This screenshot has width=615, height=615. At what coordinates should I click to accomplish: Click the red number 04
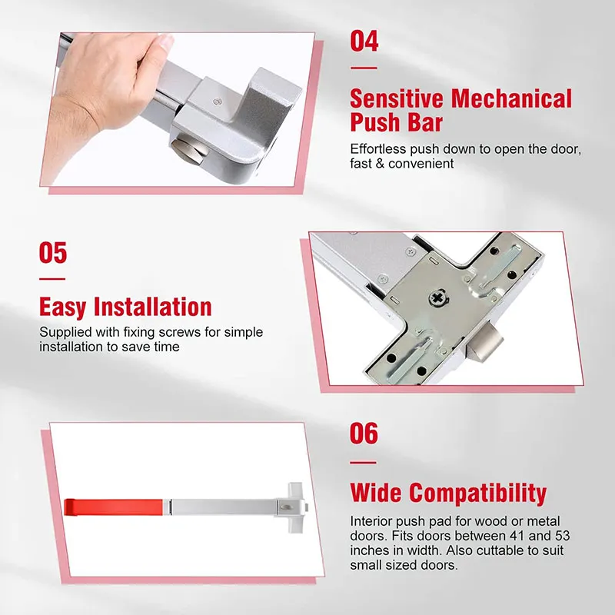click(364, 41)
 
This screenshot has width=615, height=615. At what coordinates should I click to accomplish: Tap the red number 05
click(53, 252)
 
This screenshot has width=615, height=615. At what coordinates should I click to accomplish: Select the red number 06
click(364, 434)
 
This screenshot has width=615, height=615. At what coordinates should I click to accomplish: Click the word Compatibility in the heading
click(477, 492)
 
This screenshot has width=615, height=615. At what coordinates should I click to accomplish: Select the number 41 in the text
click(505, 534)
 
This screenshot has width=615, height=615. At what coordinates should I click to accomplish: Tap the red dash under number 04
click(364, 68)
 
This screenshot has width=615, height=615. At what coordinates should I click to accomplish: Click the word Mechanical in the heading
click(512, 98)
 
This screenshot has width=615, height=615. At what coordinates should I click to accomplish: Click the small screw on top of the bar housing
click(218, 99)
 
